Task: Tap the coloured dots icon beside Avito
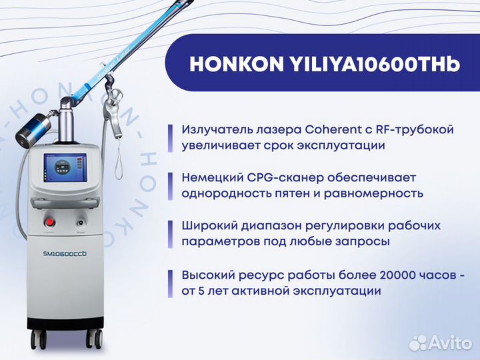point(418,342)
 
